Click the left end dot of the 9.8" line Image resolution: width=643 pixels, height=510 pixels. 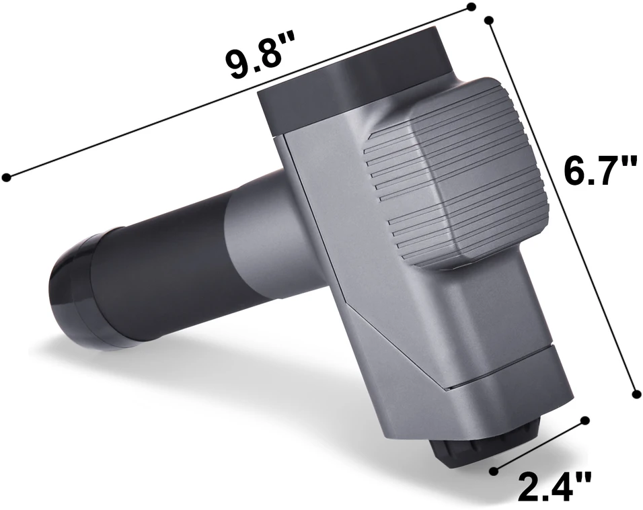click(7, 177)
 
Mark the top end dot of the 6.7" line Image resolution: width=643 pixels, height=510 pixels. click(488, 19)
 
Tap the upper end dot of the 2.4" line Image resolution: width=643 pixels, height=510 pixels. click(585, 420)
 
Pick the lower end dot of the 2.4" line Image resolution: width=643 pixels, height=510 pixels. click(494, 470)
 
